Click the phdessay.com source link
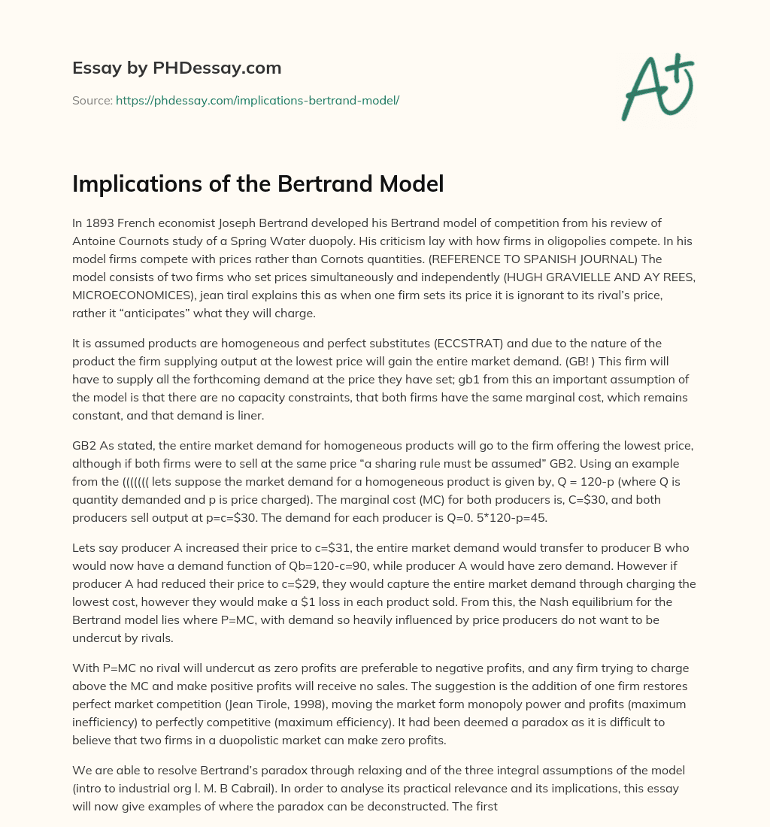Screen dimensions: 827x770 pyautogui.click(x=257, y=100)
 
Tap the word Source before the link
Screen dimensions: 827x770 pyautogui.click(x=91, y=100)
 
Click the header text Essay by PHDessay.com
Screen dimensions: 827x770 pyautogui.click(x=177, y=68)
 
